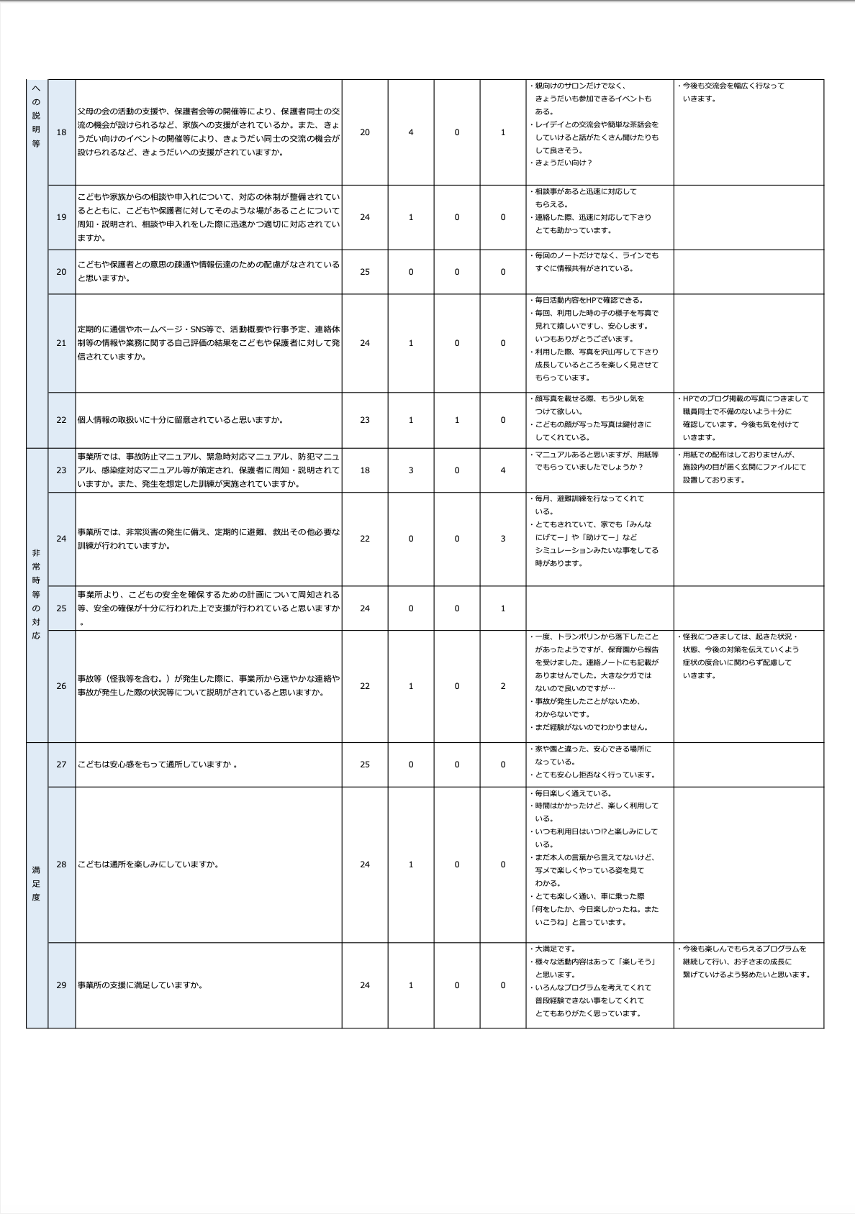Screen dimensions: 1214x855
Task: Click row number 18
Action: point(61,132)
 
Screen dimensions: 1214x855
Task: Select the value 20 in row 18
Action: point(365,132)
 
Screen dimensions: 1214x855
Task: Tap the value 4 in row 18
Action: point(411,132)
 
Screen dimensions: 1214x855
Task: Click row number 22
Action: point(61,420)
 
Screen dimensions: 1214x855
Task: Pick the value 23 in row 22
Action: point(365,420)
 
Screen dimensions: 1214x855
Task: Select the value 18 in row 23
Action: point(365,470)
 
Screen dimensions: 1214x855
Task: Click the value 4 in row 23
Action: point(503,470)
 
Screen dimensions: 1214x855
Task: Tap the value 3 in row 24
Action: point(503,539)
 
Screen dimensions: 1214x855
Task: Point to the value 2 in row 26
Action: point(503,686)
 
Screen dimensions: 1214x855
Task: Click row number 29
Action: point(61,985)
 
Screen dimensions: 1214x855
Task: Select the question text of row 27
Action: point(158,765)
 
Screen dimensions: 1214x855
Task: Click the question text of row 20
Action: point(208,272)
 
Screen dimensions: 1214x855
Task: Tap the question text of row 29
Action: point(140,985)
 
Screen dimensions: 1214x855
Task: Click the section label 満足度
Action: point(36,884)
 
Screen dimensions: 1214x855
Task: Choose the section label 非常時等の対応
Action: point(36,594)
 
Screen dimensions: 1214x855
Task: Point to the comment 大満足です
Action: point(555,949)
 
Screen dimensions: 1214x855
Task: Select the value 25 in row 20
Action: point(365,272)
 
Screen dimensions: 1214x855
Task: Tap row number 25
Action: point(61,608)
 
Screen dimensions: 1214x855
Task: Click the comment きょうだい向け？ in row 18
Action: point(563,163)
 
